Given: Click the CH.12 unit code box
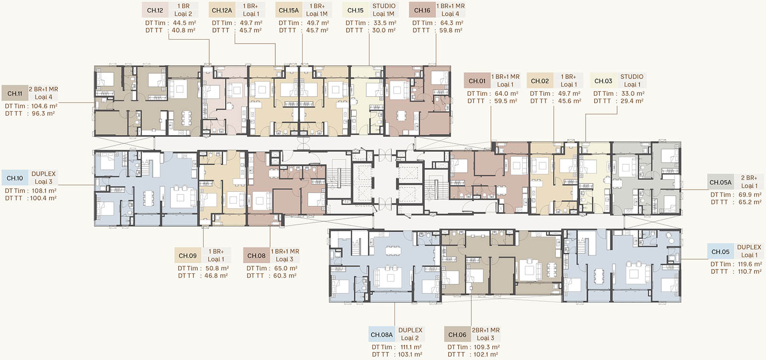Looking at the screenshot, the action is (155, 10).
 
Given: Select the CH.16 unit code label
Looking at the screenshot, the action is (422, 10).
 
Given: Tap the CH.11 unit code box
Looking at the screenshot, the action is (15, 93).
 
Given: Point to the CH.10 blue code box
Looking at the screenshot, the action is (15, 178).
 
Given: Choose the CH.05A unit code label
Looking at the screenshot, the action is (721, 182).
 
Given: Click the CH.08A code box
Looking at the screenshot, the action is (382, 335).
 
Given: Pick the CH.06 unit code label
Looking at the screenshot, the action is (457, 335).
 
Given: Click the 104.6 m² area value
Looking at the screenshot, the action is (45, 106).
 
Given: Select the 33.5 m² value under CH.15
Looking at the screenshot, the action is (385, 23).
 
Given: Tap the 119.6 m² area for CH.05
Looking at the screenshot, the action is (750, 264).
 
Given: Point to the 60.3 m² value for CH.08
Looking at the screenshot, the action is (285, 276).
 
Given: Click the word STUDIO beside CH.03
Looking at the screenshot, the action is (632, 77).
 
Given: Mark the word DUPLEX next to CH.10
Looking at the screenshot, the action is (44, 174).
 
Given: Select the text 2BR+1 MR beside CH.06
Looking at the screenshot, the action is (485, 330).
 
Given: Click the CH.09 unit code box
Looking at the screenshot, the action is (188, 256).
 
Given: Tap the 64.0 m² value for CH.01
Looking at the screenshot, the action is (507, 94).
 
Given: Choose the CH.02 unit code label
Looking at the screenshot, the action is (540, 81).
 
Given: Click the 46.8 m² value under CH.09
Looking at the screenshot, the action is (216, 276).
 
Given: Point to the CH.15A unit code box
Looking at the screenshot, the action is (289, 10).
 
